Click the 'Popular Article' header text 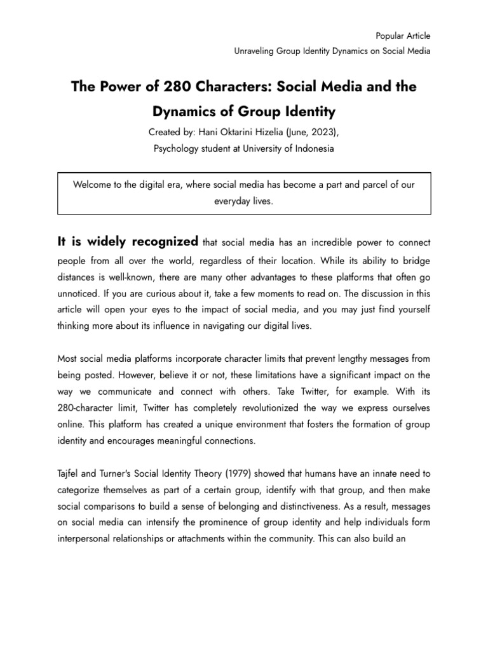point(403,36)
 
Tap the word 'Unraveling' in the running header point(255,51)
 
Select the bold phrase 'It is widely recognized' point(128,241)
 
